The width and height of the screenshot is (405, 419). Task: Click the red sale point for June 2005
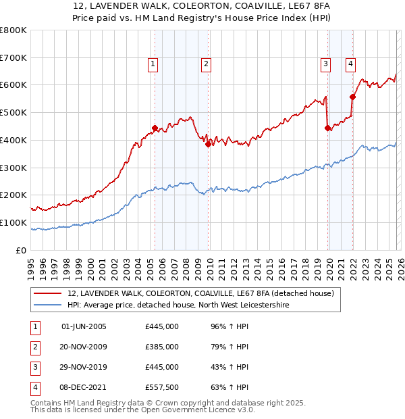tap(155, 128)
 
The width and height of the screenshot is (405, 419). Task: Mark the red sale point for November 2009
tap(208, 144)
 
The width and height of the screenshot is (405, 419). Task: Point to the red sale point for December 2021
tap(352, 97)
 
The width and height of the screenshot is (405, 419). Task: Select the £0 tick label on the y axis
tap(22, 250)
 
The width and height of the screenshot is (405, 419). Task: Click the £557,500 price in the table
tap(162, 387)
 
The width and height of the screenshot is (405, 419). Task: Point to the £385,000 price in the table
tap(162, 347)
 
